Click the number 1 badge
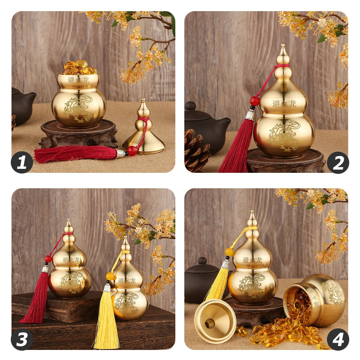22,162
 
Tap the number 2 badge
338,162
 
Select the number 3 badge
22,340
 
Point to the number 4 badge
338,340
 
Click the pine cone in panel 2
197,151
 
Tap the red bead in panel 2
255,101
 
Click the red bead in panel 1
132,151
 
